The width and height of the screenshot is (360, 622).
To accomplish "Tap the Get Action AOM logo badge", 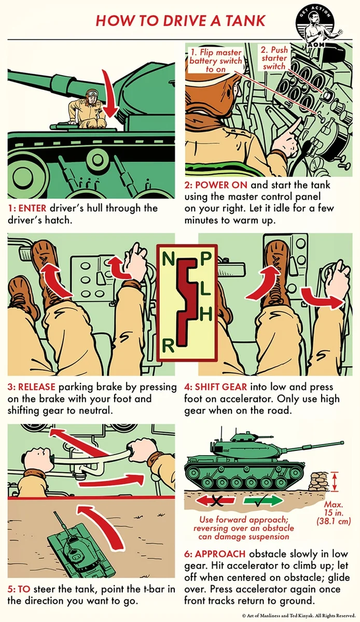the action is tap(316, 26).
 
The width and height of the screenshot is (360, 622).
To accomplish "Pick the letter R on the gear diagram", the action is tap(168, 345).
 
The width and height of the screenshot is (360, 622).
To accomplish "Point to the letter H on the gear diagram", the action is tap(206, 314).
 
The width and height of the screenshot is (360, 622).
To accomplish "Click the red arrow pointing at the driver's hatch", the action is tap(110, 94).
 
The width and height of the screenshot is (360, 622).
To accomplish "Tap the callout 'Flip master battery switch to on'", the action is tap(216, 61).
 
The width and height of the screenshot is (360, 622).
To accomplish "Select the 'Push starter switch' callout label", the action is tap(274, 58).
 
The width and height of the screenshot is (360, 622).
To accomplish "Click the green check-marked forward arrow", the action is tap(264, 501).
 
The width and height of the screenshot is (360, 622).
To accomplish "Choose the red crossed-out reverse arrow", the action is tap(215, 501).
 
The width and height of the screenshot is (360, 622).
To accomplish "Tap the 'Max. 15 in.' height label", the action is tap(334, 508).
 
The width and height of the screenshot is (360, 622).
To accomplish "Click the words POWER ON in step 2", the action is tap(221, 185).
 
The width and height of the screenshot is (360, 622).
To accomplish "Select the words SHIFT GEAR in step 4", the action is tap(221, 387).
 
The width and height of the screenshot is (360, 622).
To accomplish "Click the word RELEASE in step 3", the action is tap(37, 387).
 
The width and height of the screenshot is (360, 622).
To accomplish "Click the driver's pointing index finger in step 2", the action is tap(293, 126).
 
